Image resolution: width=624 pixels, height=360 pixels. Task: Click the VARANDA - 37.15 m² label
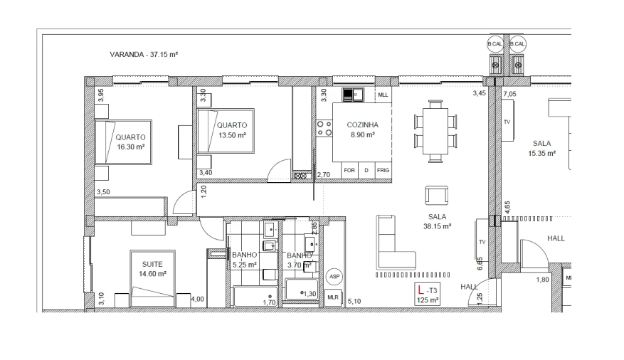[144, 55]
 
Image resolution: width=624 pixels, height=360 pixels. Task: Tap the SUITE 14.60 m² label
[152, 268]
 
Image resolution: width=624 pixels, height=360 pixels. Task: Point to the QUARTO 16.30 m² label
[130, 142]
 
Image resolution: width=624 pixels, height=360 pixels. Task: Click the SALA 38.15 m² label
[437, 222]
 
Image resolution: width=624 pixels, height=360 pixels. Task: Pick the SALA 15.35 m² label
[541, 148]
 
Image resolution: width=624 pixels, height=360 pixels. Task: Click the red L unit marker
[421, 290]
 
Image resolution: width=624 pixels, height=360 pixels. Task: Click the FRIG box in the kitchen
[383, 171]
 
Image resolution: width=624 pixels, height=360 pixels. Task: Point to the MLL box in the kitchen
[383, 95]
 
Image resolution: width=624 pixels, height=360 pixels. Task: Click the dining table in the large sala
[435, 131]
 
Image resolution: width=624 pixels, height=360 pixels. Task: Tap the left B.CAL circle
[494, 44]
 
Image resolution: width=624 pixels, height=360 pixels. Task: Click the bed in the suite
[152, 277]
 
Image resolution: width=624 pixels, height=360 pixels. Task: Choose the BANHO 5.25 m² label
[245, 260]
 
